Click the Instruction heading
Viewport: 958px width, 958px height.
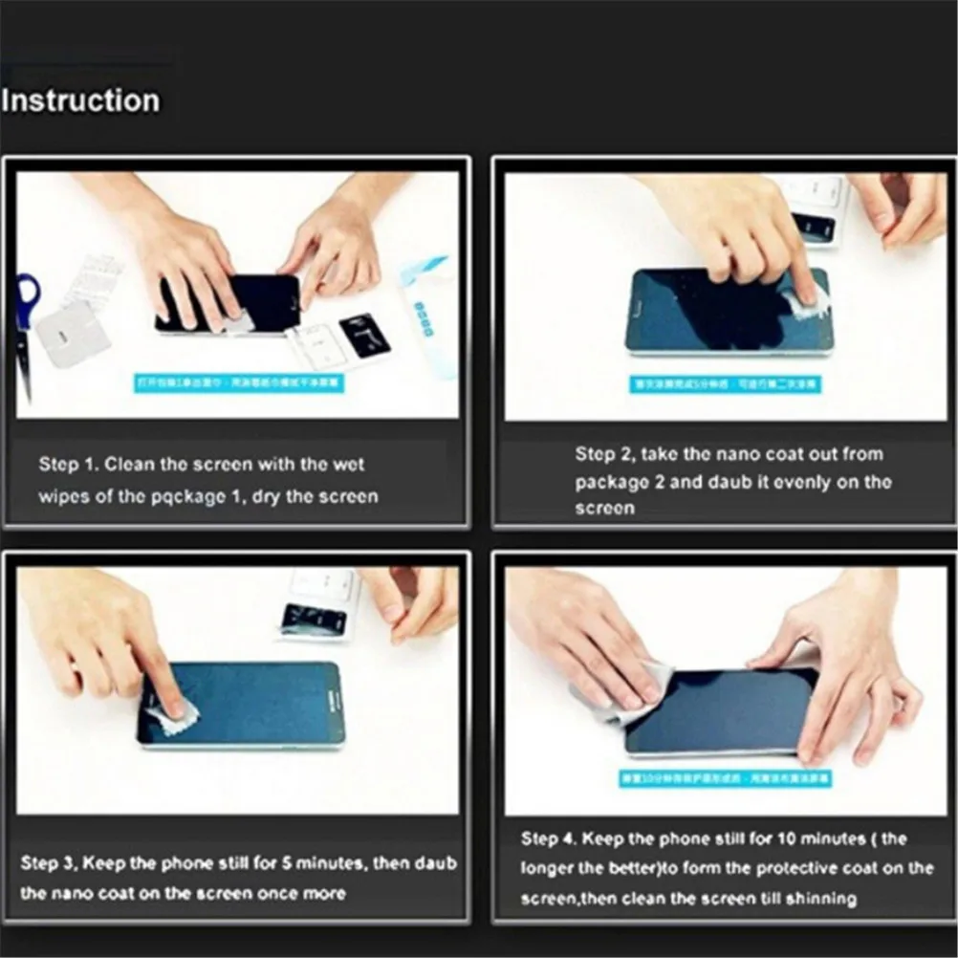[80, 100]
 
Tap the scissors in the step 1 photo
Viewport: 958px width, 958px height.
[26, 325]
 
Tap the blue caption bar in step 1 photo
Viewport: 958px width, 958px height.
[239, 383]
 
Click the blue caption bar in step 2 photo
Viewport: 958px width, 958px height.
[724, 383]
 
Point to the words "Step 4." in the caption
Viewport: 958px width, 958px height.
[549, 839]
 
